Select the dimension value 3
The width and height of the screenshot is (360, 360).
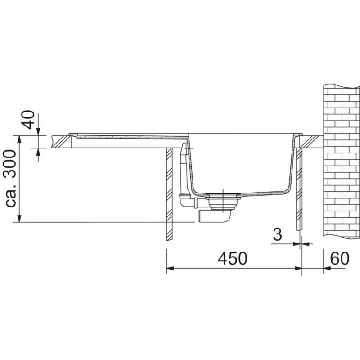(278, 234)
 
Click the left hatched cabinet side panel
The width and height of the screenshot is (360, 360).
(169, 193)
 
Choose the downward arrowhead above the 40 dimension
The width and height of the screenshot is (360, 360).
(38, 131)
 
